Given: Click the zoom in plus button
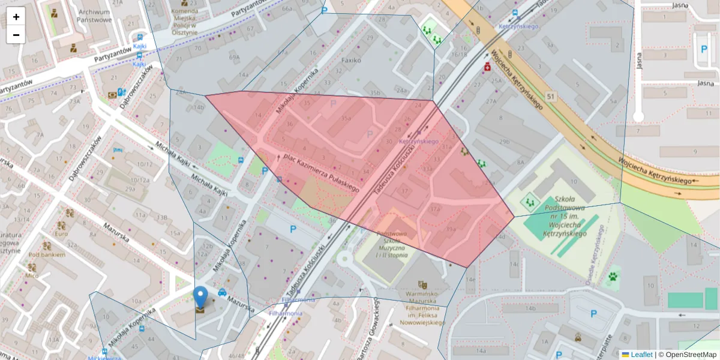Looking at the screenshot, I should point(16,17).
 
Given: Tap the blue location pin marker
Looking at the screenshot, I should point(200,297).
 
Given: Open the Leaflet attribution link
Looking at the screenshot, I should point(641,355).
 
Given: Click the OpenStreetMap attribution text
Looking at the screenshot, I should point(690,355).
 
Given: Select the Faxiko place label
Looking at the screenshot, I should point(351,61).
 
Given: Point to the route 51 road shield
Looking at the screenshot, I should point(551,96).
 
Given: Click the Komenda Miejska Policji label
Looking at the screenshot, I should point(184,20).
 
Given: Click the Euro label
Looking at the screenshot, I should point(61,233).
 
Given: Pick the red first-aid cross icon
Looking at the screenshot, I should point(488,68).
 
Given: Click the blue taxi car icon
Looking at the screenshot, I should point(222,293).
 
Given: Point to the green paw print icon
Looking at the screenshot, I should point(613,277).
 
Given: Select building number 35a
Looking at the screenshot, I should point(346,119).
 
